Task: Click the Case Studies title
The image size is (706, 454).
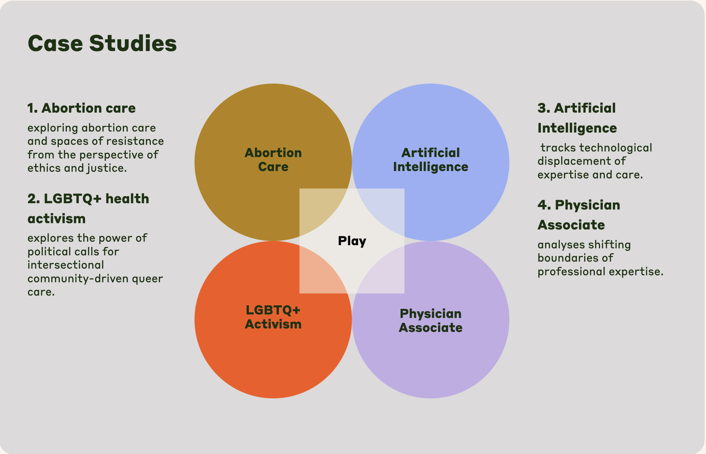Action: [x=102, y=43]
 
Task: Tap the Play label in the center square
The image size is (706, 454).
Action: [x=352, y=241]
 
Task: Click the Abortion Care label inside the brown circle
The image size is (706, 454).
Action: [x=273, y=160]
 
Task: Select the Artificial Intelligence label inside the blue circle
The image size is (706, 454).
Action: [x=430, y=160]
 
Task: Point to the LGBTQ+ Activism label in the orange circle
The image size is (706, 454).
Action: [x=273, y=317]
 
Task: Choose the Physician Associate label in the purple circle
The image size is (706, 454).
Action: [x=430, y=321]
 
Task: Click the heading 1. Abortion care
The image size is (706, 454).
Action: [x=82, y=108]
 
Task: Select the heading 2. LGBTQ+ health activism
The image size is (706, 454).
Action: [x=88, y=208]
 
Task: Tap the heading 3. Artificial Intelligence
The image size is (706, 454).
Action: [x=577, y=118]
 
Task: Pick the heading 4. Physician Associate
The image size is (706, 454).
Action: [x=579, y=215]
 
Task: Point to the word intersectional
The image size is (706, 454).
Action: [x=66, y=265]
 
